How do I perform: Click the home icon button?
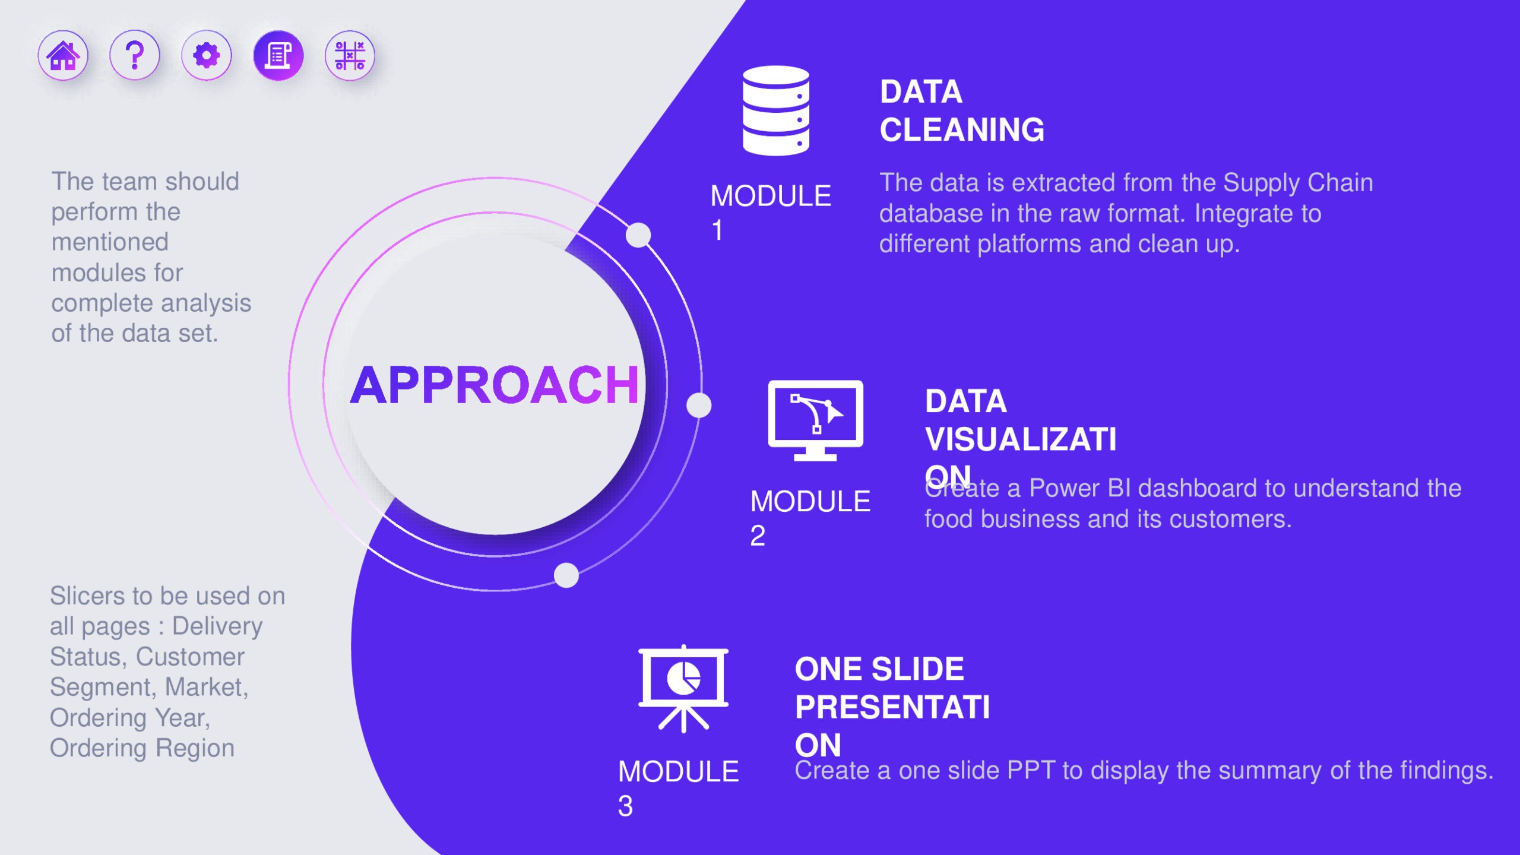63,56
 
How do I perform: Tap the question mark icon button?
135,56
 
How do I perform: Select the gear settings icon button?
207,56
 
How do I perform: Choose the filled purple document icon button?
278,56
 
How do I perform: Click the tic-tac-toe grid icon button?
350,56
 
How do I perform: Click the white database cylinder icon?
776,110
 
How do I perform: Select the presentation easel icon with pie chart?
683,689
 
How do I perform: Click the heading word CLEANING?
962,129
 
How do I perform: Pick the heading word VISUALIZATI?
1021,439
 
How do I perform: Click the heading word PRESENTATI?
892,707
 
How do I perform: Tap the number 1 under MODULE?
717,230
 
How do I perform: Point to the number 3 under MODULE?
625,806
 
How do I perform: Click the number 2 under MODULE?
758,536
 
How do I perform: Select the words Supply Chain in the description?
1298,183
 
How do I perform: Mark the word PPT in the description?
1031,770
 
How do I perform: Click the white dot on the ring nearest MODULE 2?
699,406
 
